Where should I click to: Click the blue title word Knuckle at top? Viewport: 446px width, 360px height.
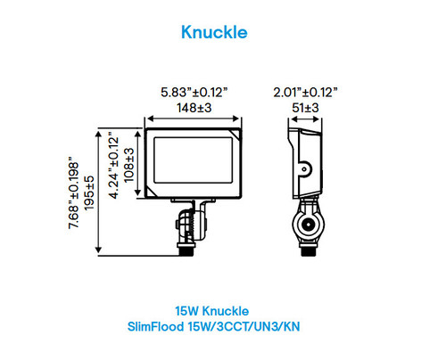[x=213, y=32]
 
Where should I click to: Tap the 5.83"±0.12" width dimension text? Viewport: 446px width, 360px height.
[x=194, y=92]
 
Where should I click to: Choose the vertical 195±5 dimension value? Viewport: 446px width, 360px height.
[x=89, y=191]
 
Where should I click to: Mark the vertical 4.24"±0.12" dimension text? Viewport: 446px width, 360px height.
[x=112, y=166]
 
